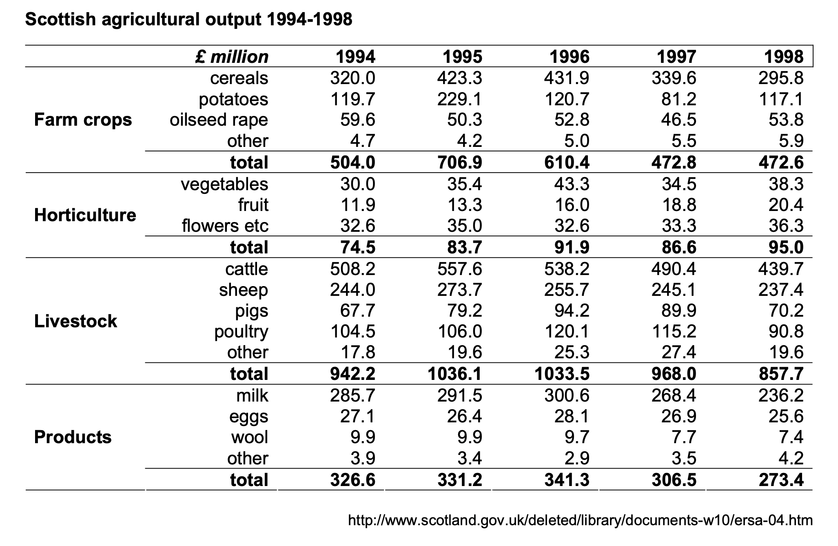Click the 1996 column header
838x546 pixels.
570,57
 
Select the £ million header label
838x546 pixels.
232,57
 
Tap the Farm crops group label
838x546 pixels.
83,120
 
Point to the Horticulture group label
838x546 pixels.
85,215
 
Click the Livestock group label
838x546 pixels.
75,321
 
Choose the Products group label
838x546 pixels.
73,437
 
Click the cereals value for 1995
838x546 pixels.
460,78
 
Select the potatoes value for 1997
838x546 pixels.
679,99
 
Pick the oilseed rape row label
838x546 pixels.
219,120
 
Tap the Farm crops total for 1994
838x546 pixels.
353,162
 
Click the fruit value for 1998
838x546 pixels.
786,204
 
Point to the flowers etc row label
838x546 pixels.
225,226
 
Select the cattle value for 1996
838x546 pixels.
567,269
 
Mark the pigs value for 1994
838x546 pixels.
358,311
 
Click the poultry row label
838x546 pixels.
242,332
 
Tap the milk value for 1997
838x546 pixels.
674,395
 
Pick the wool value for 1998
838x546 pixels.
791,437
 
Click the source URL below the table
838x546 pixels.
580,520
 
